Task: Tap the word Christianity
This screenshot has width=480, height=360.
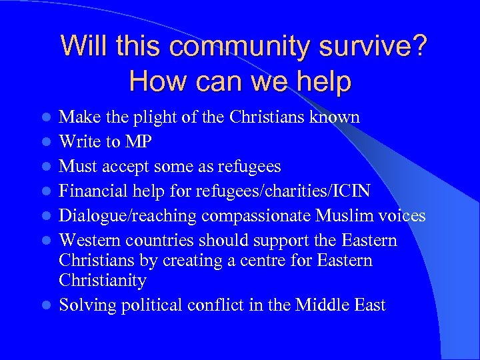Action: pos(103,280)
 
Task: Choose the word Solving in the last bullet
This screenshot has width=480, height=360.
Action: pos(85,305)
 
